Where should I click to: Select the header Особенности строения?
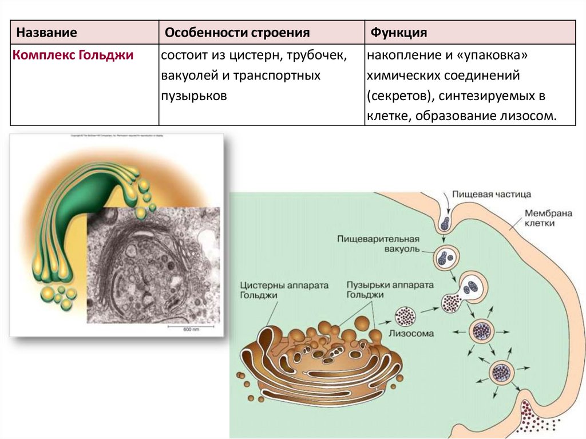(x=237, y=33)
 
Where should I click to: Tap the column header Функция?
(x=399, y=33)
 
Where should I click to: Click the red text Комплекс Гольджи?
(x=73, y=56)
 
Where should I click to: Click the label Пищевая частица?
(x=492, y=194)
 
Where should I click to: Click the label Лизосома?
(x=411, y=333)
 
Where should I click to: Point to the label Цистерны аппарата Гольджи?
(x=275, y=289)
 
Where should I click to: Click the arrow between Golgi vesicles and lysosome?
(x=387, y=315)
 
